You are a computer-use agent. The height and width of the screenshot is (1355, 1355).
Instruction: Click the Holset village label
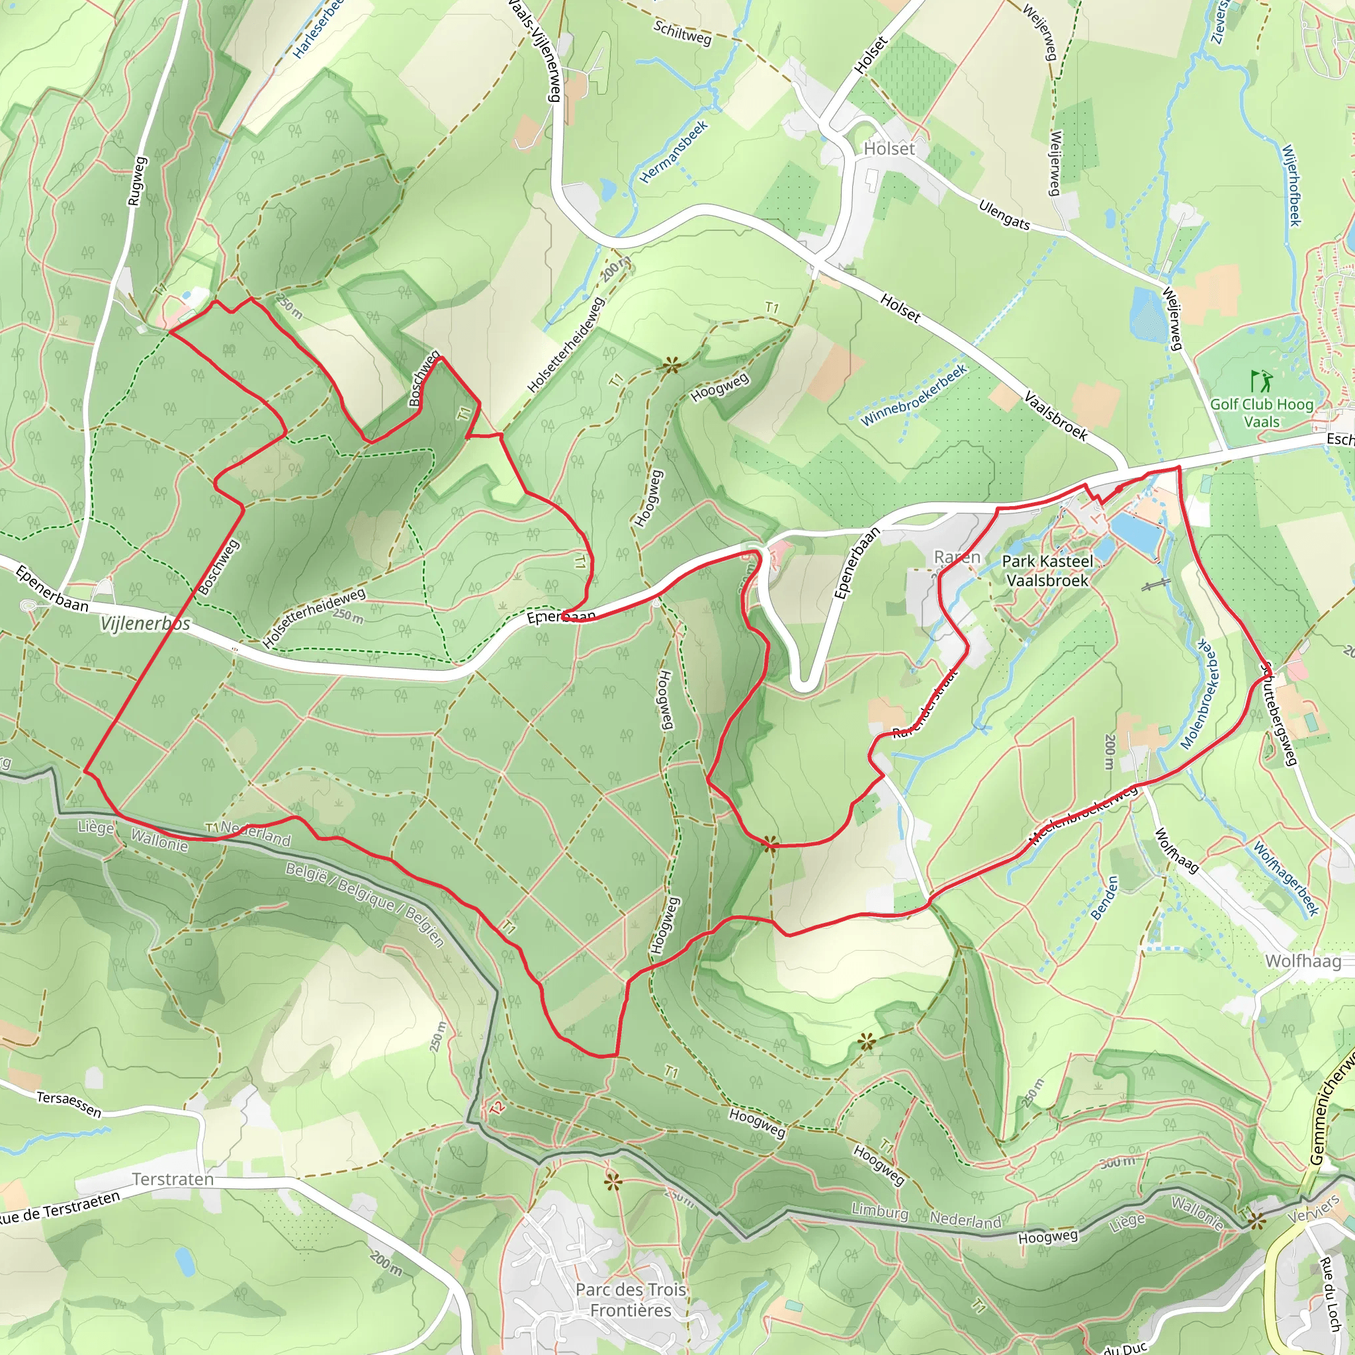pos(889,149)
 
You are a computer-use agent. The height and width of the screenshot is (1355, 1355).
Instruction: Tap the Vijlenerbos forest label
pos(145,623)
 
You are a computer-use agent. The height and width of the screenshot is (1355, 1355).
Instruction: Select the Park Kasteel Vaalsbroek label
pos(1047,570)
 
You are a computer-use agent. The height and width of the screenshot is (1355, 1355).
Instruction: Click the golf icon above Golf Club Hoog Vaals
pos(1260,381)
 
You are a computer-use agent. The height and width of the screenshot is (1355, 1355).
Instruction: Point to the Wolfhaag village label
pos(1302,961)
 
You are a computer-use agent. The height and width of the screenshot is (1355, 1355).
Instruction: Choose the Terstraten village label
pos(173,1179)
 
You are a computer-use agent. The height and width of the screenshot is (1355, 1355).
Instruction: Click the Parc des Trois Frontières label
pos(631,1299)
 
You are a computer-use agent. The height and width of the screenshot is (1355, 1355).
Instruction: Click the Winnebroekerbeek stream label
pos(913,395)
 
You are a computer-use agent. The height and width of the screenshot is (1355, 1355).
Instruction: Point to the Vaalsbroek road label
pos(1055,417)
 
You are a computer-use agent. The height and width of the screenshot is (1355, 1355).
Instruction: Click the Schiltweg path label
pos(681,32)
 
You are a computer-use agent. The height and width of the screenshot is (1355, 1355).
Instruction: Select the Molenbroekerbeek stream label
pos(1199,694)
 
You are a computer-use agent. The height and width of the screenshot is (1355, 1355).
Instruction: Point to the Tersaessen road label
pos(69,1104)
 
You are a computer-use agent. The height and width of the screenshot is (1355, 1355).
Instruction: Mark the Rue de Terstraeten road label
pos(60,1207)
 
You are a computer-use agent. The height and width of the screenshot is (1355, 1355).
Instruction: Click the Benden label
pos(1104,897)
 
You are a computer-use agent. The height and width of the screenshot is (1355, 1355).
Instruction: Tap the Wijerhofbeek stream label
pos(1291,185)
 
